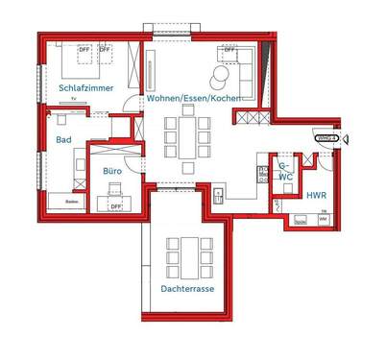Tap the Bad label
tap(63, 140)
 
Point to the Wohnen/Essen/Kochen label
tap(193, 99)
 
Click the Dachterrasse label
tap(187, 287)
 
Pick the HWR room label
tap(316, 195)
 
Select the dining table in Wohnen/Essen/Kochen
tap(185, 135)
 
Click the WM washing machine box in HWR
tap(323, 220)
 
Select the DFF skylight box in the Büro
tap(115, 206)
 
